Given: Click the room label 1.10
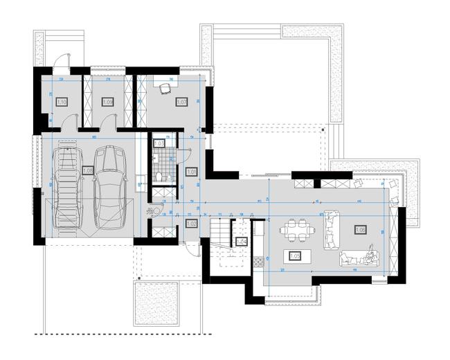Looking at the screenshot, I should click(x=61, y=102).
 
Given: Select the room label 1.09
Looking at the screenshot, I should click(x=108, y=102).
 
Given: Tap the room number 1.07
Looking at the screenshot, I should click(x=182, y=102).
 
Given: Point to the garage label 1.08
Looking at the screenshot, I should click(x=88, y=170).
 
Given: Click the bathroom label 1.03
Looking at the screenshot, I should click(x=159, y=143).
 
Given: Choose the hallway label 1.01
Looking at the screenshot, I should click(x=192, y=172).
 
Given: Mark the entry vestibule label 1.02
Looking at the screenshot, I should click(x=192, y=224).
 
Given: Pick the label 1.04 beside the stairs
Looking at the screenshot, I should click(x=242, y=242).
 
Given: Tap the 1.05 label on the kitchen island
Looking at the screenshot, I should click(x=294, y=255).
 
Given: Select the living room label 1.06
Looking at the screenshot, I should click(x=360, y=229).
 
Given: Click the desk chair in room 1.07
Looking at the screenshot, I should click(x=165, y=88).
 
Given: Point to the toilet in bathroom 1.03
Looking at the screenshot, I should click(x=159, y=178).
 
